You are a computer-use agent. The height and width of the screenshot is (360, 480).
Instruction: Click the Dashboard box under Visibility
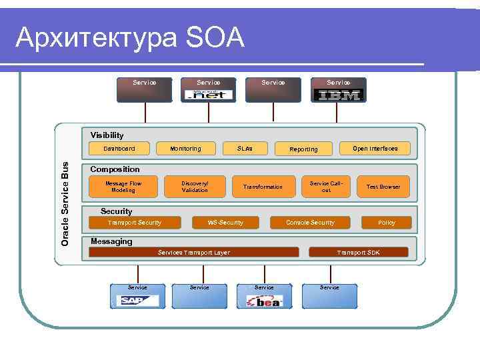pos(119,149)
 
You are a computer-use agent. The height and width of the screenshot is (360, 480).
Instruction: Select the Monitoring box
pos(185,149)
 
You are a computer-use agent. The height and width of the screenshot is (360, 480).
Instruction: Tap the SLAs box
pos(245,149)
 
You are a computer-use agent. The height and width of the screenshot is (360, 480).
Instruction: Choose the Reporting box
pos(303,149)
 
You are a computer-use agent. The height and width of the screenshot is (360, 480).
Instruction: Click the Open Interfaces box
pos(375,149)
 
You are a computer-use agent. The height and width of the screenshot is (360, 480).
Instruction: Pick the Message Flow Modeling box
pos(123,187)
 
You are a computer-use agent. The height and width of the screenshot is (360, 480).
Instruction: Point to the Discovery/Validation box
pos(195,187)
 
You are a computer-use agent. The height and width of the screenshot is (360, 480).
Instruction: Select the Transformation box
pos(263,187)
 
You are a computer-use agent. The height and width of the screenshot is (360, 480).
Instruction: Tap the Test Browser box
pos(383,187)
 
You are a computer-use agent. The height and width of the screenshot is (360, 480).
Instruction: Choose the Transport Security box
pos(135,223)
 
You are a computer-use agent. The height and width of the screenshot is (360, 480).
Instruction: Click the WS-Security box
pos(225,223)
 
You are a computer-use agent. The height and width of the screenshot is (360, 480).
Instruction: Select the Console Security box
pos(310,223)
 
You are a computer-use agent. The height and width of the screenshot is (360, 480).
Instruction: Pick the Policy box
pos(387,223)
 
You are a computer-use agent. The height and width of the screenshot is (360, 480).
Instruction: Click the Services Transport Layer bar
pos(193,253)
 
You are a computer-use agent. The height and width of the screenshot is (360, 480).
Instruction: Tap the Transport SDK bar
pos(359,253)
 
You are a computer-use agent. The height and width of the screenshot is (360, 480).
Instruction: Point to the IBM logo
pos(337,95)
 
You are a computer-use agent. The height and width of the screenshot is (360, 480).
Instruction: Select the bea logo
pos(265,301)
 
